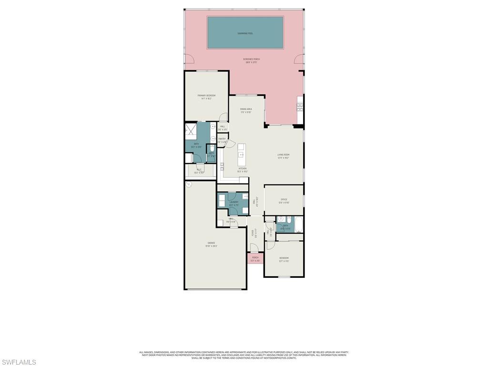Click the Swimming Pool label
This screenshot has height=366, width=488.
(245, 33)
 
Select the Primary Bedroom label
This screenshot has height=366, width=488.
(206, 97)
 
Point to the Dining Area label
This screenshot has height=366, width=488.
(246, 110)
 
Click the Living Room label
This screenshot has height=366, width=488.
(284, 156)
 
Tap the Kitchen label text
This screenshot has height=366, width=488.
(242, 169)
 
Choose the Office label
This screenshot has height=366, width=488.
(284, 200)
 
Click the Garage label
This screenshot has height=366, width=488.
(211, 244)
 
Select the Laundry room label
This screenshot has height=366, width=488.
(234, 203)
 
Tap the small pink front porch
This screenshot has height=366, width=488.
(255, 259)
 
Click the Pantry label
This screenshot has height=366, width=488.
(222, 140)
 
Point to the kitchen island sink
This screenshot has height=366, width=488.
(241, 155)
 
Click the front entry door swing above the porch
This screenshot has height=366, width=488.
(254, 248)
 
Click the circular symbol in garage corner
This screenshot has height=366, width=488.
(189, 184)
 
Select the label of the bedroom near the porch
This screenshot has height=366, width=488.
(284, 259)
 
